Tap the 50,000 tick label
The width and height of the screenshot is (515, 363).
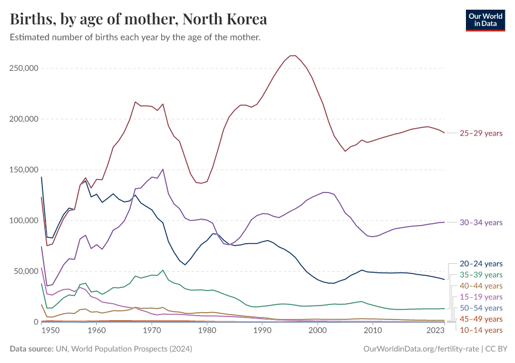click(25, 271)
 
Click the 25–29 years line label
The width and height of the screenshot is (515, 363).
click(480, 133)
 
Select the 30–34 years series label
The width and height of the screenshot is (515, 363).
click(480, 223)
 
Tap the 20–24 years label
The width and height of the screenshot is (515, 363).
click(480, 264)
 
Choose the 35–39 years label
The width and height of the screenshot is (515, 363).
click(480, 275)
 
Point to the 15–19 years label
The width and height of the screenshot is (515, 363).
click(480, 297)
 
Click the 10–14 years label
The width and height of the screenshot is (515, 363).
click(480, 330)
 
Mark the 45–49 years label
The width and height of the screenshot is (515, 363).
click(480, 319)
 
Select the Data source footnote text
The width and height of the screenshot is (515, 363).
click(100, 349)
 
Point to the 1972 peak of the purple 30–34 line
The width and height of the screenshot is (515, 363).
click(163, 169)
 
